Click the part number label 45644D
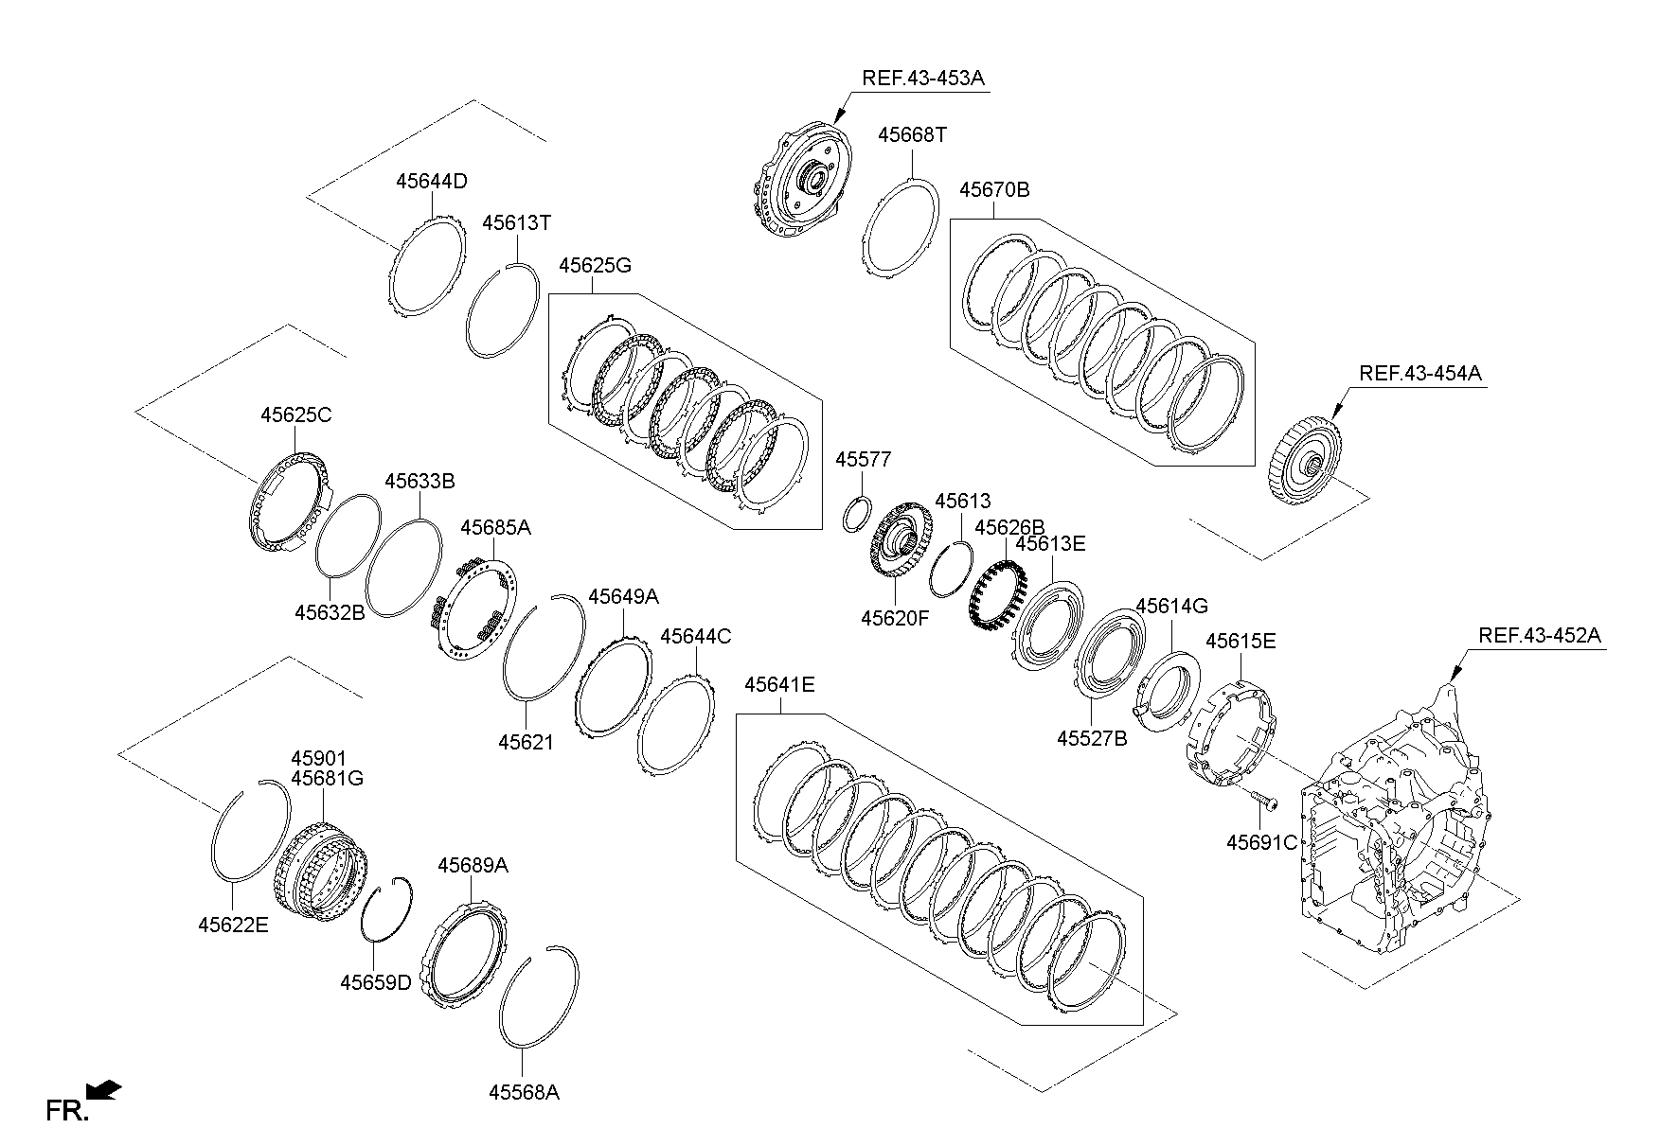click(431, 182)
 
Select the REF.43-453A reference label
click(923, 78)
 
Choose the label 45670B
click(994, 189)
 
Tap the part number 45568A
click(524, 1092)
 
